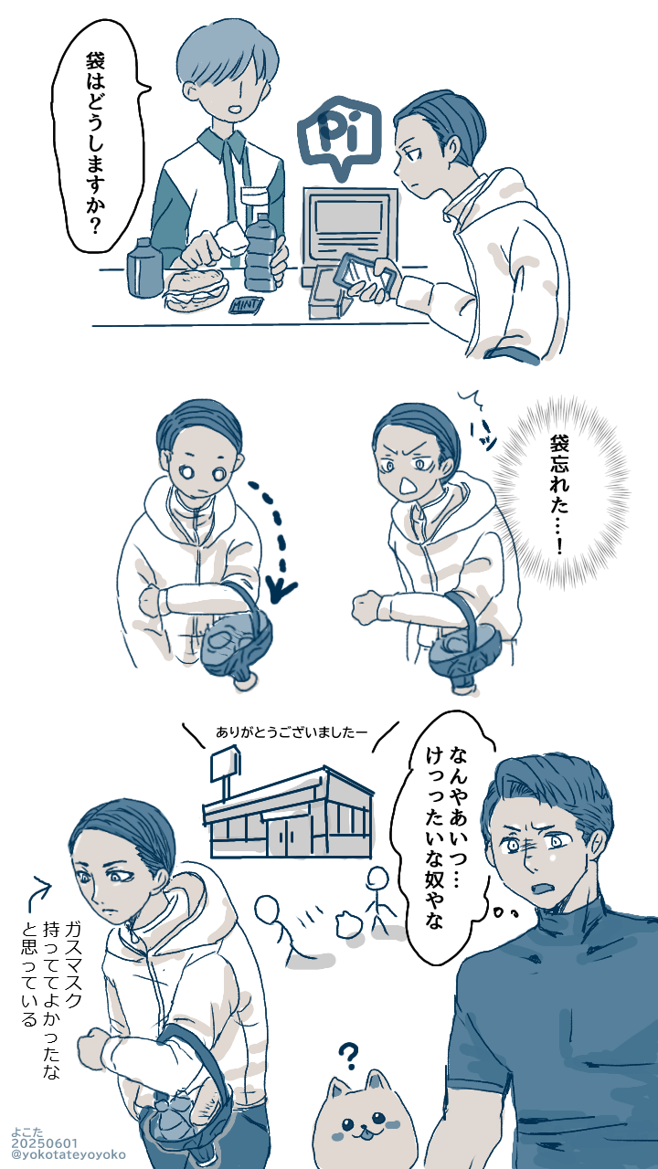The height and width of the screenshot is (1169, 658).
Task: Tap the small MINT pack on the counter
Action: [x=246, y=305]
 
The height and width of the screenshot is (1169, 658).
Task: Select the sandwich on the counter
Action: [x=196, y=289]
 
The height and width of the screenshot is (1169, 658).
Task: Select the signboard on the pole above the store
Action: [x=225, y=765]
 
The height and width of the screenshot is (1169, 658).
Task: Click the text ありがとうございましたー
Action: [x=292, y=732]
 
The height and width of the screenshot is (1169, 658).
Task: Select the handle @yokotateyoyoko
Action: [x=68, y=1155]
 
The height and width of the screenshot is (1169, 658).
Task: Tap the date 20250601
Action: [x=45, y=1144]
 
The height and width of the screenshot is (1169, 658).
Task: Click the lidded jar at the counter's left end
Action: [x=141, y=268]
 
